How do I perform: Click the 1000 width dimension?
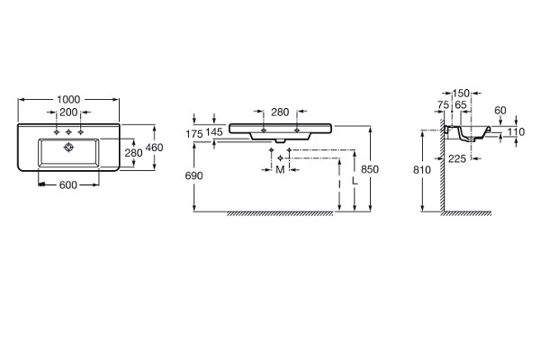point(68,100)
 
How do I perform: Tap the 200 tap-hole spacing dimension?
point(68,112)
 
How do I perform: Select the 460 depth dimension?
point(154,148)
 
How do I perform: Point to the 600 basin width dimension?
point(68,185)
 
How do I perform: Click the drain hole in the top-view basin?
point(69,148)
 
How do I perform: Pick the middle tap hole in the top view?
point(68,132)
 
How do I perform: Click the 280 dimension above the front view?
point(280,112)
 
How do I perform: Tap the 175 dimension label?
point(194,134)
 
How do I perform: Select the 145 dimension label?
point(214,131)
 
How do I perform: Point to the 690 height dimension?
point(193,175)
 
